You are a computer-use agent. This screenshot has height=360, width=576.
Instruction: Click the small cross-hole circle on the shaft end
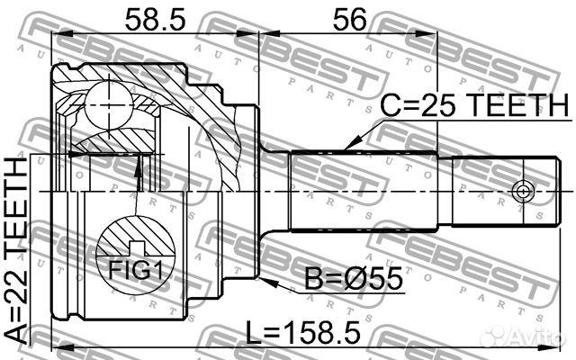point(521,191)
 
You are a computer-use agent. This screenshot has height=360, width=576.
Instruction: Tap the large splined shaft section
point(364,191)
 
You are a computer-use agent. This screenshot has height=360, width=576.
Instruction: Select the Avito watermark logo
point(526,337)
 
